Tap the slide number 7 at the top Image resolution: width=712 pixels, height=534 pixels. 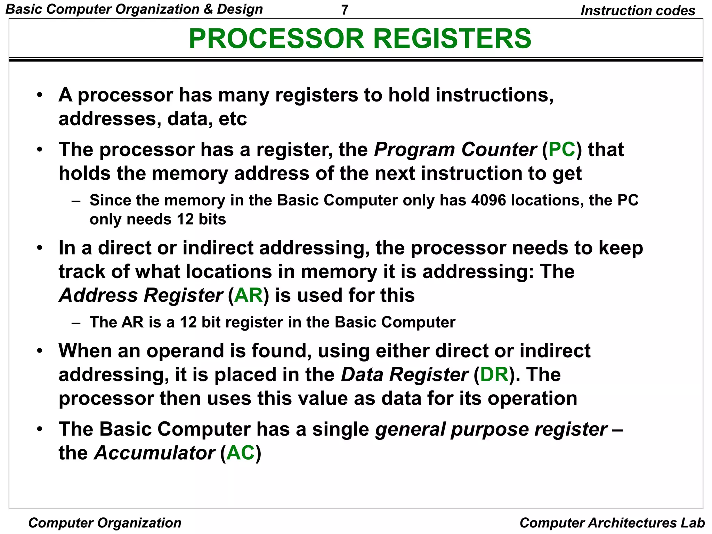(x=345, y=10)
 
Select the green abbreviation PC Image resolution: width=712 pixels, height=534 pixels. (x=562, y=149)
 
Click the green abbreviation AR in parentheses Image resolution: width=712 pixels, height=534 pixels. (x=249, y=295)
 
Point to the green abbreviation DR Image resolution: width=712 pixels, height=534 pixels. (x=494, y=374)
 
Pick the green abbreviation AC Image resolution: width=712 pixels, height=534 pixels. (x=241, y=453)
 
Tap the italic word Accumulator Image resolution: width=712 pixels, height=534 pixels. (x=155, y=453)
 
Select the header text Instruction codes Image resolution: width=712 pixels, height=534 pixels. (x=638, y=10)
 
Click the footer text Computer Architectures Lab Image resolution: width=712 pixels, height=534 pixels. (x=612, y=523)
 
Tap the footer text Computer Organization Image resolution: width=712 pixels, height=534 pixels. (x=105, y=523)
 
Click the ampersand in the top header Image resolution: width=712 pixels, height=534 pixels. (x=208, y=9)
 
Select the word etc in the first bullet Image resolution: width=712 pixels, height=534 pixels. (x=233, y=119)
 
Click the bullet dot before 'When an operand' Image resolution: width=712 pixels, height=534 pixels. (x=40, y=350)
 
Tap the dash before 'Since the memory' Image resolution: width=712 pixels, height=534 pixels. (x=76, y=201)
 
